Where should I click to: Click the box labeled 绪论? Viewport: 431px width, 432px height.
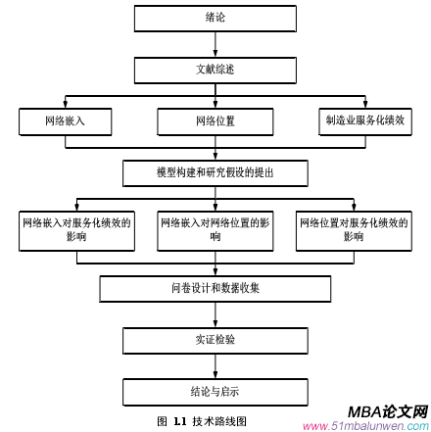coord(214,18)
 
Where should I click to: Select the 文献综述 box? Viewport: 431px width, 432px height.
coord(214,69)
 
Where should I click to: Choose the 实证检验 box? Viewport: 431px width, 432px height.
coord(215,341)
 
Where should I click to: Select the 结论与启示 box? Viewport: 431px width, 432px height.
coord(215,394)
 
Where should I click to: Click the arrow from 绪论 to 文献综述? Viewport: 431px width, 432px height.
coord(214,44)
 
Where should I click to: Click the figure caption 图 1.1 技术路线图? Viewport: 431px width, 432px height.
coord(202,420)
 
